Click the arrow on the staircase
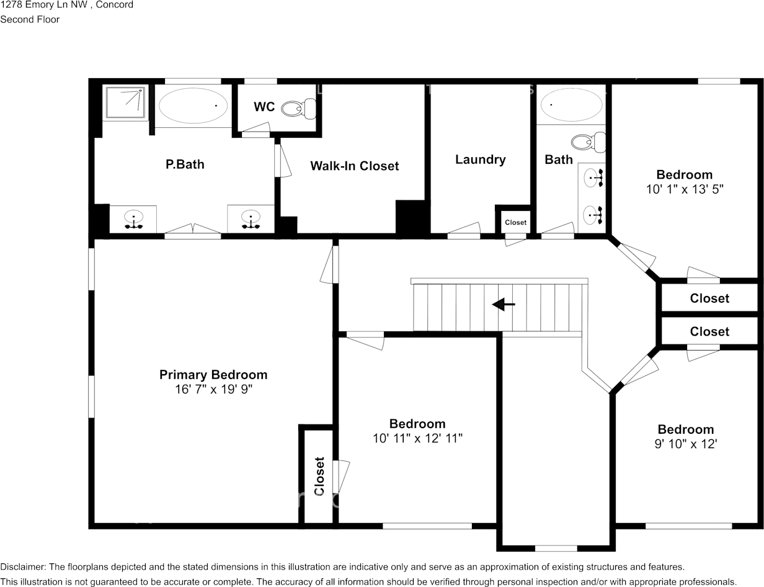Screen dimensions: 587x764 503,305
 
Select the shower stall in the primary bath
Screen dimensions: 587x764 126,102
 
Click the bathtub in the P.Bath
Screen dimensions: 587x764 193,106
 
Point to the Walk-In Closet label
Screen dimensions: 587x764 354,166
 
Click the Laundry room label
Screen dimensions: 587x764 480,159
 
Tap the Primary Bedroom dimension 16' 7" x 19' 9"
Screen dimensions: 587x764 213,390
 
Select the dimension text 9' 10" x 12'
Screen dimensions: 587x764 686,444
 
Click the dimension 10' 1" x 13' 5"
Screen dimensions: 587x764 685,189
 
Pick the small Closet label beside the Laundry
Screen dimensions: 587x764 515,222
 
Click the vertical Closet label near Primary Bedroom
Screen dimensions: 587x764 319,476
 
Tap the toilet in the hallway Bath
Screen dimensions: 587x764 587,142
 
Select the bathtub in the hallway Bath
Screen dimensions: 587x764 571,105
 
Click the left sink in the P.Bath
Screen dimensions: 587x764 133,219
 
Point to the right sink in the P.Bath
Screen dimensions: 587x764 251,219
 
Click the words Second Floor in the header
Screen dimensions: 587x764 30,19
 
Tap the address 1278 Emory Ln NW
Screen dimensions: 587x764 47,5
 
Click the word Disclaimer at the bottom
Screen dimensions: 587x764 22,567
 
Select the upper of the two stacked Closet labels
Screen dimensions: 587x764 709,298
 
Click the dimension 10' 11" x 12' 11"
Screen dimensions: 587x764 417,439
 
